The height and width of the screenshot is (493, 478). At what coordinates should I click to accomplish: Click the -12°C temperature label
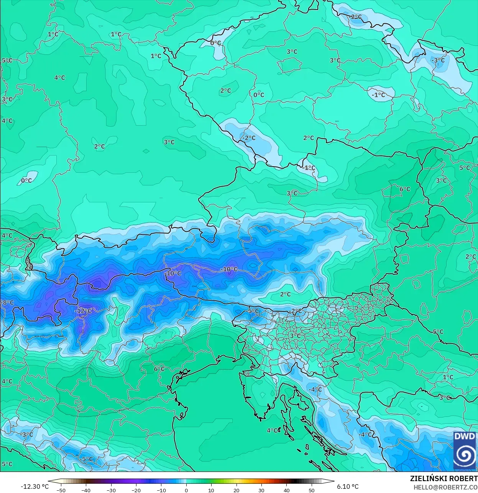tap(83, 311)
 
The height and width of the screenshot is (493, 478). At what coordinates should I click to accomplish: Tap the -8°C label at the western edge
tap(7, 303)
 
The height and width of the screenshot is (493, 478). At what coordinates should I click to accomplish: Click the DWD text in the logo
tap(464, 437)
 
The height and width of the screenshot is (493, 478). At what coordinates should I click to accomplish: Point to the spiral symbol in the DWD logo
tap(464, 455)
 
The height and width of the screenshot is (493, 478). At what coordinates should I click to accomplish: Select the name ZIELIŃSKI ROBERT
tap(444, 478)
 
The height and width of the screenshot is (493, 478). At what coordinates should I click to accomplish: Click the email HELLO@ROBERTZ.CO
tap(445, 487)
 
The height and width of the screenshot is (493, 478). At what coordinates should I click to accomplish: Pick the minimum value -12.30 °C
tap(34, 486)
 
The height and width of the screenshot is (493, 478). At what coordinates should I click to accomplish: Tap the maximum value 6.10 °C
tap(348, 486)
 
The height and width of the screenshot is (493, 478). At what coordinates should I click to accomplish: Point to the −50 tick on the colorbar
tap(61, 490)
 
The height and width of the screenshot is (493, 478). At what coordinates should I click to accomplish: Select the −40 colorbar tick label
tap(86, 490)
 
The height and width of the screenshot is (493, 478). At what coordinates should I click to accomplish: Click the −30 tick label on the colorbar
tap(111, 490)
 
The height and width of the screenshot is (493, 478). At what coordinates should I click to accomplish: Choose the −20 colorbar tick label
tap(136, 490)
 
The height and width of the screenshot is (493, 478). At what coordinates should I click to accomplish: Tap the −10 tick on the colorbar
tap(161, 490)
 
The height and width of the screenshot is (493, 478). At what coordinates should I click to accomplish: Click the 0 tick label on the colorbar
tap(186, 490)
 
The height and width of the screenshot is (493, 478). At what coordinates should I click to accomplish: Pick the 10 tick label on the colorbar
tap(211, 490)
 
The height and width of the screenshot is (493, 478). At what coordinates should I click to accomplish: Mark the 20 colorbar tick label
tap(236, 490)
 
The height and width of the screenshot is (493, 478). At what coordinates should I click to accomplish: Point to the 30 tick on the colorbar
tap(261, 490)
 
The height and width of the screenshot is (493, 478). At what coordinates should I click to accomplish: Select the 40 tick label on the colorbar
tap(286, 490)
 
